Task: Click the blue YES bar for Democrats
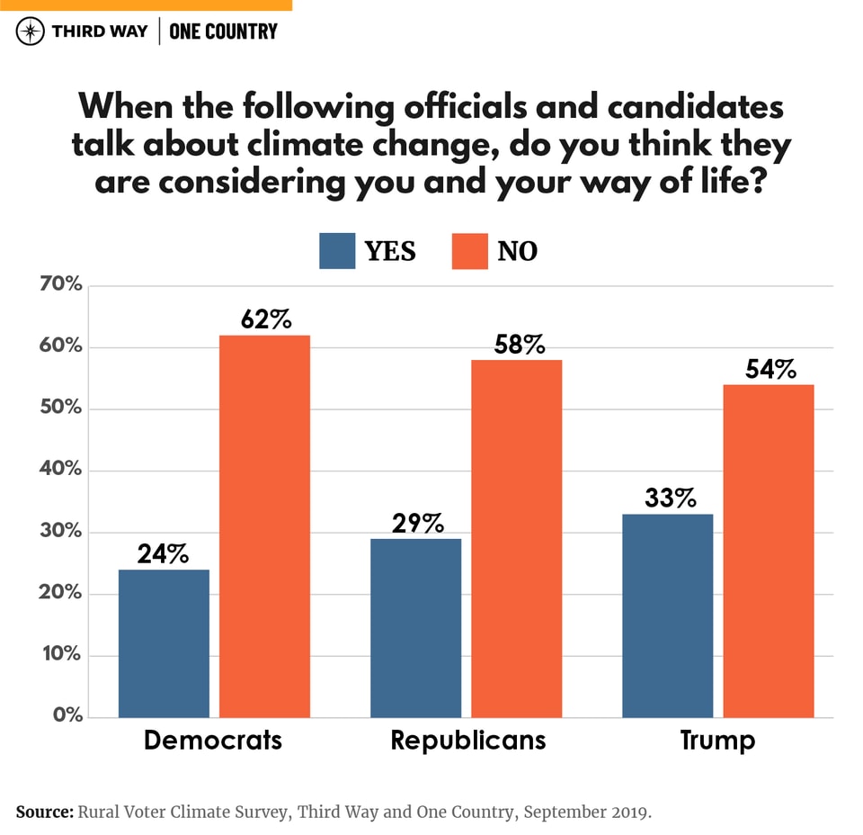[x=164, y=643]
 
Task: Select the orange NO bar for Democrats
[x=264, y=526]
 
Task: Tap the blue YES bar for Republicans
[x=415, y=628]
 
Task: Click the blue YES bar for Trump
[x=667, y=615]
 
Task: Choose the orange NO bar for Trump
[x=768, y=551]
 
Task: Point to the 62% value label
[x=265, y=319]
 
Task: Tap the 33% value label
[x=667, y=498]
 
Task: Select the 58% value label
[x=517, y=344]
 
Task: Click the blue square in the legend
[x=337, y=251]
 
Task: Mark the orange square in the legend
[x=469, y=251]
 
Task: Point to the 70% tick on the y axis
[x=60, y=286]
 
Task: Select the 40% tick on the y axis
[x=60, y=471]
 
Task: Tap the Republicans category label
[x=467, y=740]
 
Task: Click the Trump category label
[x=717, y=740]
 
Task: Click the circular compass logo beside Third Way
[x=31, y=31]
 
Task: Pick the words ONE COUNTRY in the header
[x=224, y=31]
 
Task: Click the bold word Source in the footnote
[x=44, y=812]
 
